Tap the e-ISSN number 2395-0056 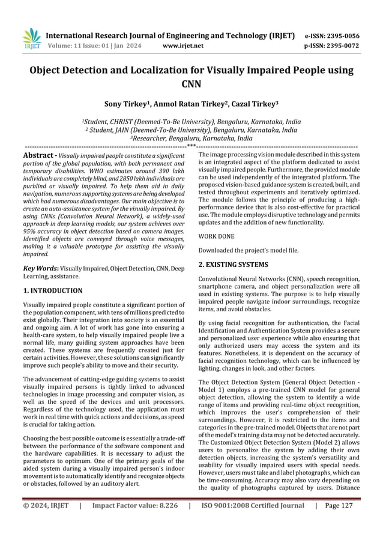point(342,35)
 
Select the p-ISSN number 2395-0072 point(342,46)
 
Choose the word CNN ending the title point(191,83)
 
